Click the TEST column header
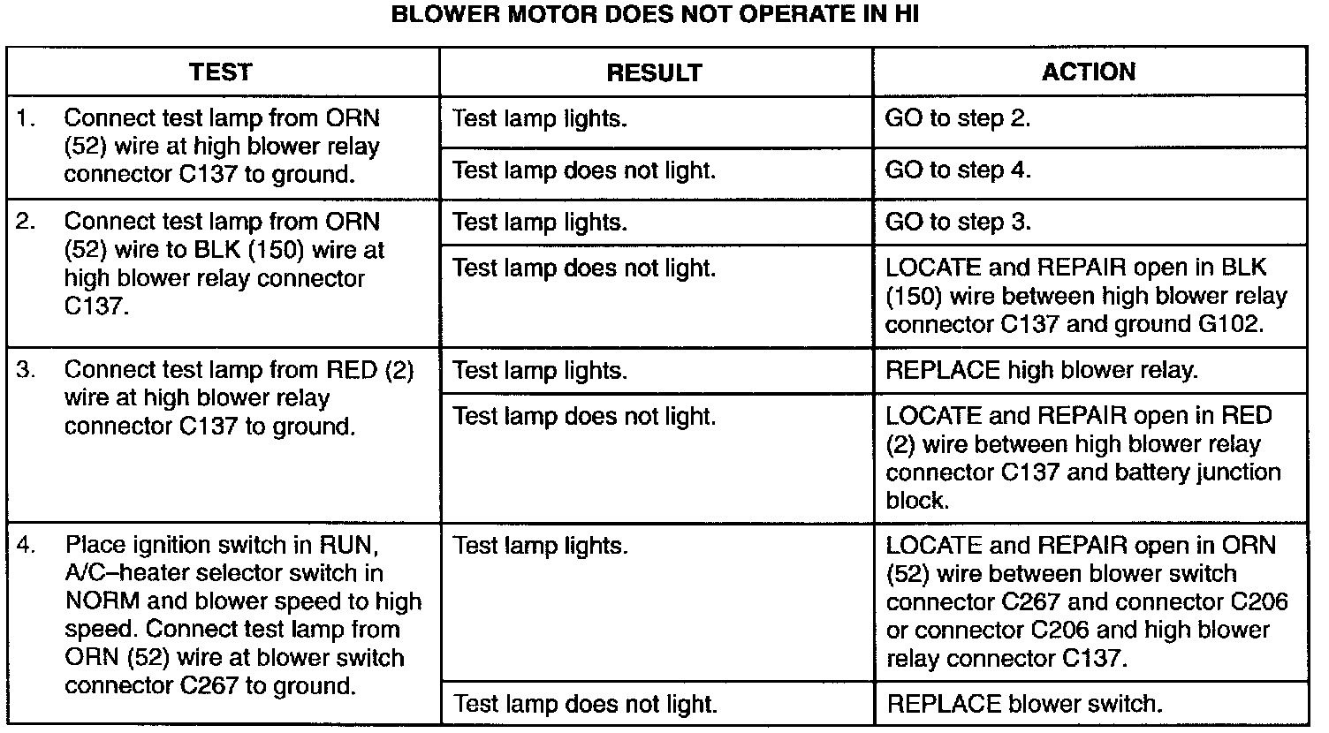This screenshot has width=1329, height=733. pos(220,72)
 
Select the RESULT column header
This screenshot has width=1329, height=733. pos(654,72)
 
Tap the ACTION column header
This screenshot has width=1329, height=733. pos(1089,72)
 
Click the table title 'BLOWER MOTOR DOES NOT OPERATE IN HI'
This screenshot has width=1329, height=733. pos(655,16)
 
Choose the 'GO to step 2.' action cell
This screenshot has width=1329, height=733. pos(958,118)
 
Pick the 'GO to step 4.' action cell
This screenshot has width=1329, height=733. pos(958,170)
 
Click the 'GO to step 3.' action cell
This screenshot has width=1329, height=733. pos(958,222)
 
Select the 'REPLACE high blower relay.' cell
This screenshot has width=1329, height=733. pos(1042,370)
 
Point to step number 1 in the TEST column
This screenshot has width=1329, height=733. pos(26,118)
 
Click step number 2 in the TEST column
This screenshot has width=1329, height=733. pos(26,222)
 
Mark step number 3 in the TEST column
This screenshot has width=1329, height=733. pos(26,370)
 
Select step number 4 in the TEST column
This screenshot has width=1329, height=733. pos(26,545)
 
